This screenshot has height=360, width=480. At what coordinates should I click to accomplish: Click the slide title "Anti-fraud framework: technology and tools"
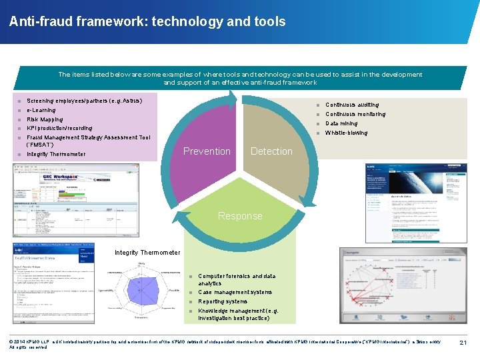tap(147, 22)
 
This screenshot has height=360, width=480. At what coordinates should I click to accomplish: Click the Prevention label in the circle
tap(207, 151)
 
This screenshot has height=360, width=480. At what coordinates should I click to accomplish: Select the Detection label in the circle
tap(271, 151)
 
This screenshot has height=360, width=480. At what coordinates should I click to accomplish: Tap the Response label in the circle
tap(240, 216)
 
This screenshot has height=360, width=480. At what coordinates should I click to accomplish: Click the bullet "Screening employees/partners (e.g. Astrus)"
tap(84, 99)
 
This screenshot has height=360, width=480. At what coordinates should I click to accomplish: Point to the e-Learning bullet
tap(41, 110)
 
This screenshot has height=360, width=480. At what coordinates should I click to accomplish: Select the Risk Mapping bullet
tap(45, 119)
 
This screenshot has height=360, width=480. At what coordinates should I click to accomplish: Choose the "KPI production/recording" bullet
tap(59, 128)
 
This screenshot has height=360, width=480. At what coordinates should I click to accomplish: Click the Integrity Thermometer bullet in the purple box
tap(56, 154)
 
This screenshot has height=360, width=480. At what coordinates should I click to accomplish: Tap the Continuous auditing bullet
tap(351, 105)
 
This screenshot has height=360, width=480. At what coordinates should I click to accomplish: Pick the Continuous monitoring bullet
tap(355, 114)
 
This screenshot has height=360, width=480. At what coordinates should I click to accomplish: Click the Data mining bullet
tap(341, 123)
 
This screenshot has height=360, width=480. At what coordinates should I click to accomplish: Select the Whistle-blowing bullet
tap(346, 133)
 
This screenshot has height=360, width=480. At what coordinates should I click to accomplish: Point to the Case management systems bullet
tap(235, 292)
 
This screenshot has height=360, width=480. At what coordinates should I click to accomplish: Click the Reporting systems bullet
tap(223, 301)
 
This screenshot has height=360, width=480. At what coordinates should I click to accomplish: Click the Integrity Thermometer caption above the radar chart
tap(147, 253)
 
